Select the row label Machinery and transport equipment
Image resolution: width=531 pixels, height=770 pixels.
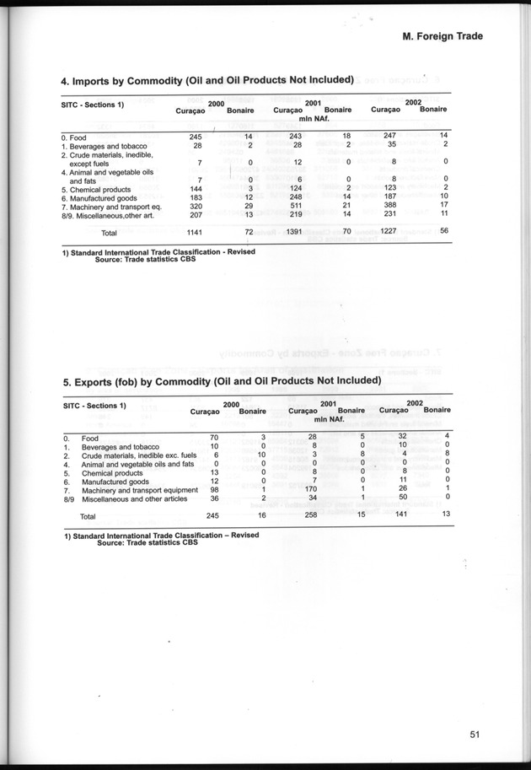pyautogui.click(x=139, y=490)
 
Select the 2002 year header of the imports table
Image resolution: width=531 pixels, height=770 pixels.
pyautogui.click(x=414, y=102)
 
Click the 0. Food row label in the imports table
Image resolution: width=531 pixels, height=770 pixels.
pyautogui.click(x=77, y=137)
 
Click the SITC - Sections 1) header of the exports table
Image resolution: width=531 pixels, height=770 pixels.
pyautogui.click(x=94, y=406)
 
